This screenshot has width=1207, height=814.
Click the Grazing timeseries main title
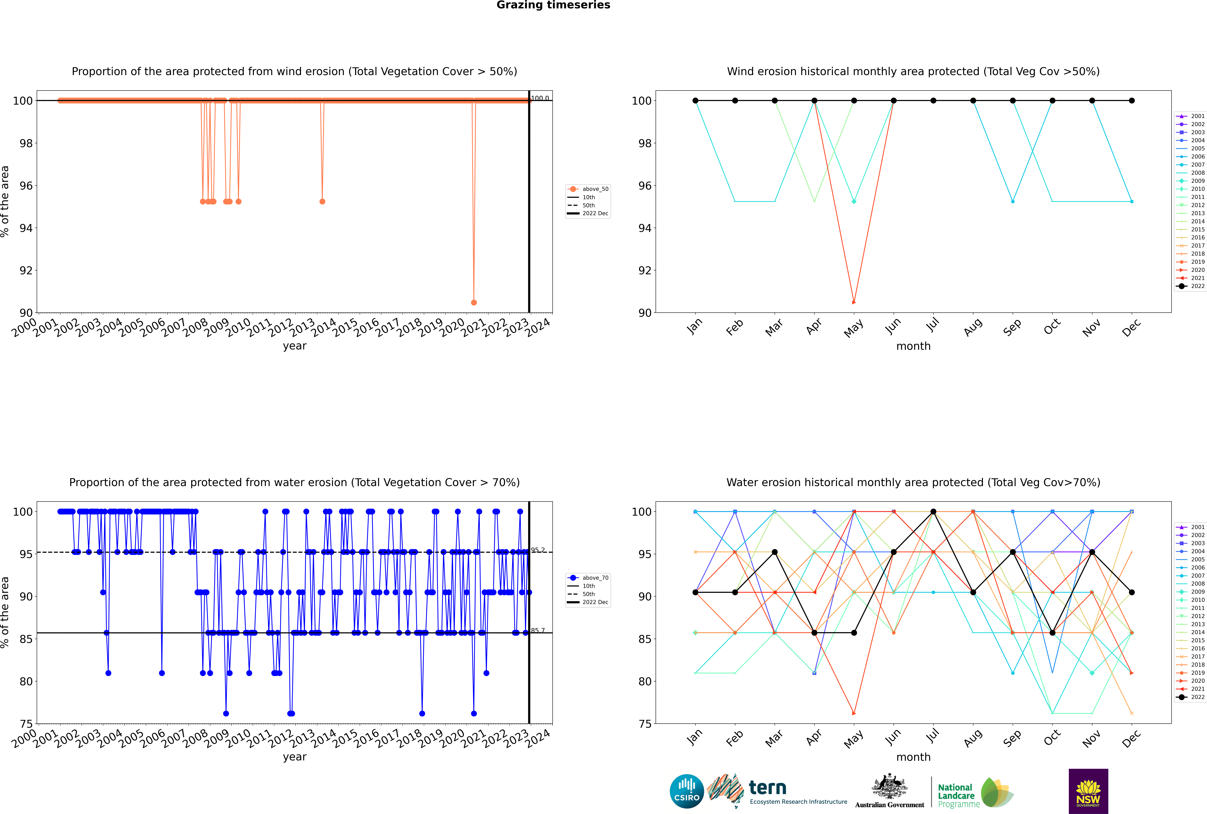click(x=553, y=5)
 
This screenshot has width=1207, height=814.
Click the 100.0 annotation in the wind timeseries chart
click(x=540, y=98)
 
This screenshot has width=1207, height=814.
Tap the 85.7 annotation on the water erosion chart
click(x=538, y=630)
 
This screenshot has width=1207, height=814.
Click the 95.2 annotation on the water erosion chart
click(x=538, y=550)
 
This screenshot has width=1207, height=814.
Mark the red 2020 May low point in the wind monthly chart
click(x=854, y=302)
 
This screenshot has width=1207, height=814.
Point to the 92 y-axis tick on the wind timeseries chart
click(x=26, y=270)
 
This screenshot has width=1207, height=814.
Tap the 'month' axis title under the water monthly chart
click(x=913, y=757)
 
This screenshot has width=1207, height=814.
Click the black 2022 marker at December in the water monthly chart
click(x=1132, y=592)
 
